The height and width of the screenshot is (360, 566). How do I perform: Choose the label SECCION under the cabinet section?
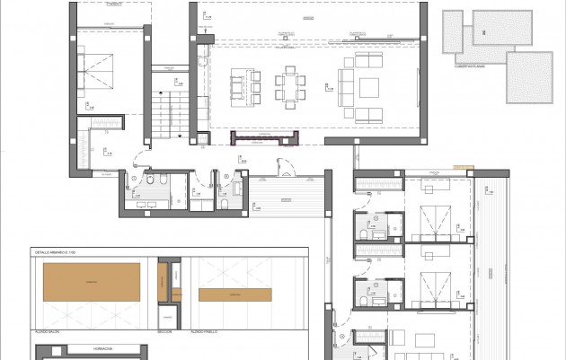[164, 331]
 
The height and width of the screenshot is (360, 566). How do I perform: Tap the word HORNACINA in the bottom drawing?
[93, 347]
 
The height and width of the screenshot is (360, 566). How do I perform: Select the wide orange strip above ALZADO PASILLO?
[234, 294]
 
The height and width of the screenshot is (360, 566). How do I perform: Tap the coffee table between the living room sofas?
[369, 87]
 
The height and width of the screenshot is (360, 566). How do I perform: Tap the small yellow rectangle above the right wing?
[463, 167]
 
